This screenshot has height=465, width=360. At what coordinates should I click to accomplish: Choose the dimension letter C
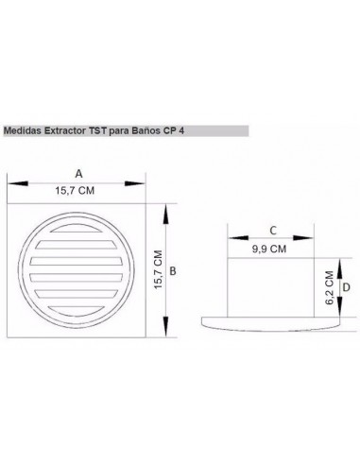[272, 230]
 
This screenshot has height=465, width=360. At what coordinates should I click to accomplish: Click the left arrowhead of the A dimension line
[11, 183]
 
